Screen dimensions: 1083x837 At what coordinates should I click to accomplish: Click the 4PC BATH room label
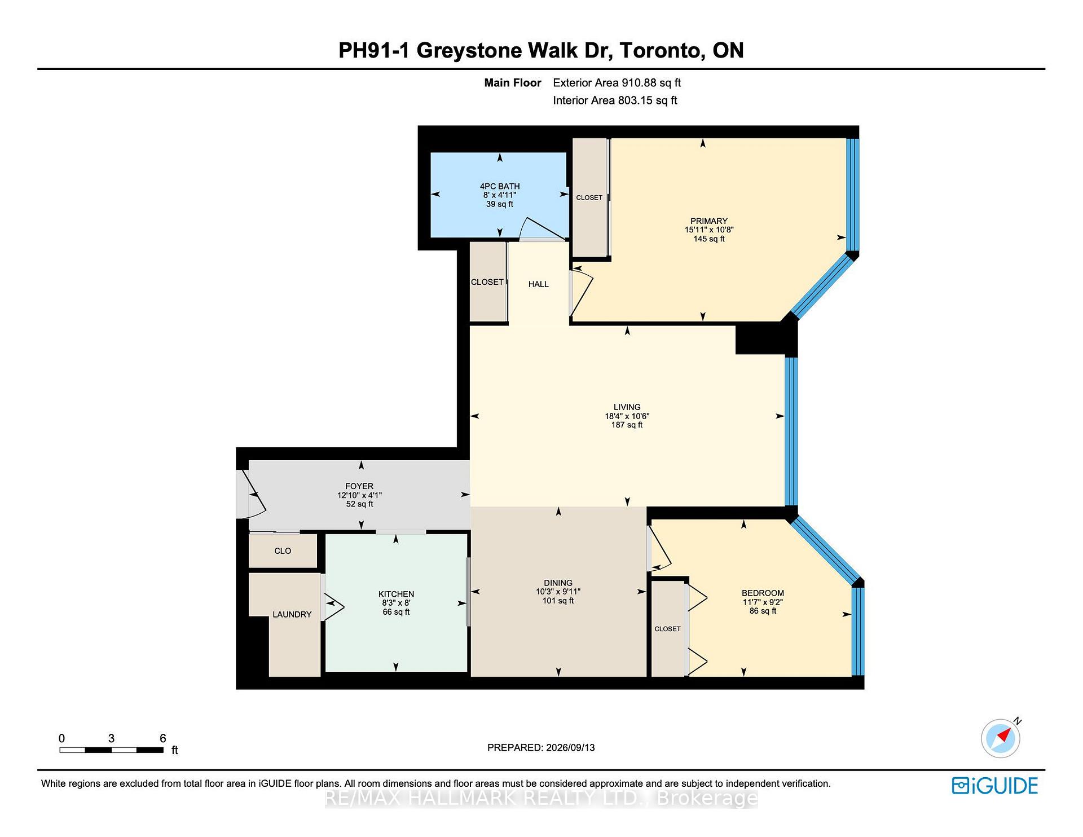500,186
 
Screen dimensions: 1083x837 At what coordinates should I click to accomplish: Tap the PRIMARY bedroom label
709,221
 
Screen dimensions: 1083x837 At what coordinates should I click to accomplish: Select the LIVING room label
627,407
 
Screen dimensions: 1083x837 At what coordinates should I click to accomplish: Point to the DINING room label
558,583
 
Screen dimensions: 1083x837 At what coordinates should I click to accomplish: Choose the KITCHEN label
396,594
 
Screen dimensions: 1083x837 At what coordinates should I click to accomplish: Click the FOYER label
359,486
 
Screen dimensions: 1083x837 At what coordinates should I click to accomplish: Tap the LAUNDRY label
292,614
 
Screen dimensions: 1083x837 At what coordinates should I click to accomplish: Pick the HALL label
539,284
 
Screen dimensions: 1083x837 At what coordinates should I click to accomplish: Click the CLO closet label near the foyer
283,550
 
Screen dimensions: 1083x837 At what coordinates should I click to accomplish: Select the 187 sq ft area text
627,425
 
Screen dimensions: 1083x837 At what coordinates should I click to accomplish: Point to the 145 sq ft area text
709,239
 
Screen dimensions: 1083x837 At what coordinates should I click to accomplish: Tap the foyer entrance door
251,494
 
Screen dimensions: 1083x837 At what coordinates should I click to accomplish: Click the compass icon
1001,738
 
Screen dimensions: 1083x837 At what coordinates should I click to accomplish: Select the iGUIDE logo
995,786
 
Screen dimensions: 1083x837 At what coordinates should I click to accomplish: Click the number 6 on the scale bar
163,738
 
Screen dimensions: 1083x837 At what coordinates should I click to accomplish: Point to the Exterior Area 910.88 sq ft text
617,83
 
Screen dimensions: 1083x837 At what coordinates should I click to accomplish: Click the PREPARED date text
541,747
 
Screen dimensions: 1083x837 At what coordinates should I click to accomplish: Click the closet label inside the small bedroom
667,629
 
